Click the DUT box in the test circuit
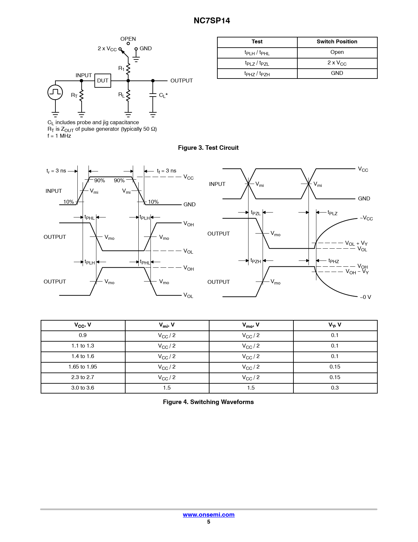[103, 80]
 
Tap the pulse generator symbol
[55, 92]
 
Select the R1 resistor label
[121, 68]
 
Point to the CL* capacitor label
[163, 95]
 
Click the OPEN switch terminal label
[128, 39]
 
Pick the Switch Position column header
[337, 42]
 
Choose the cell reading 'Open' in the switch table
[337, 52]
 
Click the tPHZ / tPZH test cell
[257, 74]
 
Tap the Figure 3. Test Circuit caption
[208, 148]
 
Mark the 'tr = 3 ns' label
[56, 171]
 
